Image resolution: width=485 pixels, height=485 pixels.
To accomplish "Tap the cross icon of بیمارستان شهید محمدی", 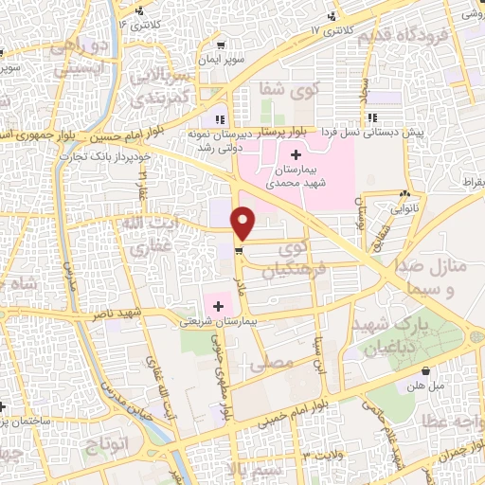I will (x=296, y=154).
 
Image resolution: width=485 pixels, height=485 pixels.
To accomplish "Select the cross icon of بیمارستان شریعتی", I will (x=219, y=306).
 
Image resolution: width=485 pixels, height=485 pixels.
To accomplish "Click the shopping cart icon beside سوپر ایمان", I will (x=221, y=44).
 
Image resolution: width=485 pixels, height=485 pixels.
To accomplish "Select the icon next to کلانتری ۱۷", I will (x=332, y=16).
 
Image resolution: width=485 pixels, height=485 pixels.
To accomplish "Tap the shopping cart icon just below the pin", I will (x=238, y=251).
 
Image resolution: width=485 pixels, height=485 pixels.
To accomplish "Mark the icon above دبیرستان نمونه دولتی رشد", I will (x=220, y=119).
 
